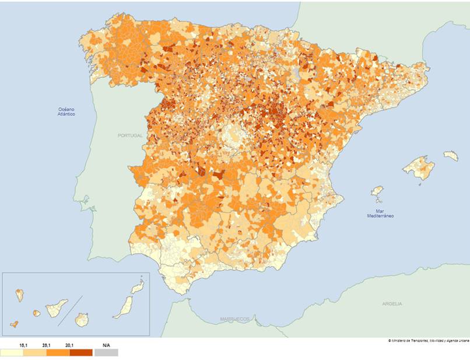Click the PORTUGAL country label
129,135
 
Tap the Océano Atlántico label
66,112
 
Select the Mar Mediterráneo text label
380,214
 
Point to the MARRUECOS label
234,319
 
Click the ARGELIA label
392,304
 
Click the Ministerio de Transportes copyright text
428,341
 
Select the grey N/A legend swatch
106,352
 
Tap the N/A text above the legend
106,346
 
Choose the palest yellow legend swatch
12,352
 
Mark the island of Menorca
451,156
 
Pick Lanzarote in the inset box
137,288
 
